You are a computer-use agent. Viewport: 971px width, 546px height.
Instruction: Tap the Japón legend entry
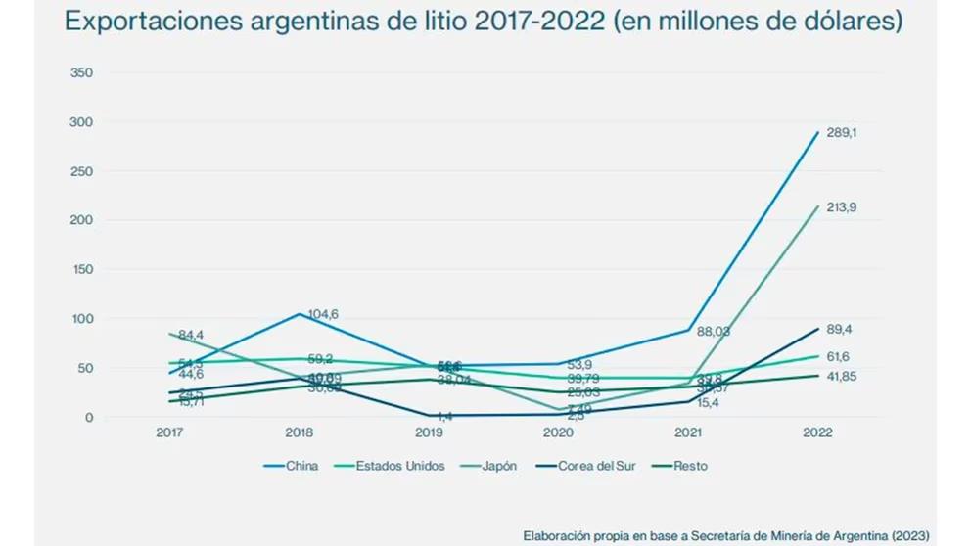point(498,466)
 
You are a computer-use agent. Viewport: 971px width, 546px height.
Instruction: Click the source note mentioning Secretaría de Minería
point(726,535)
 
